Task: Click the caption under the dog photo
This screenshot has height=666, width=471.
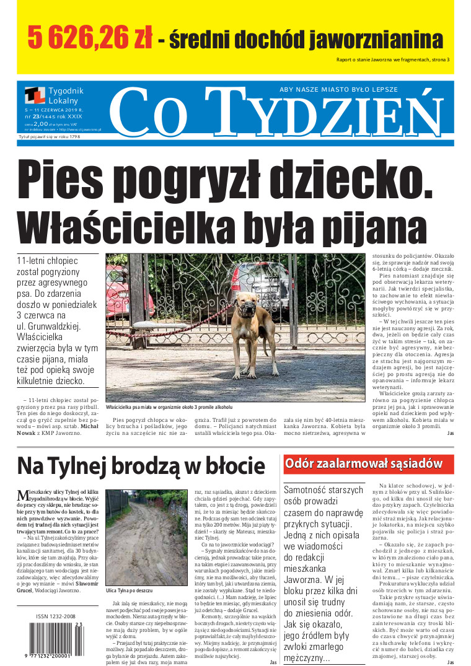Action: tap(169, 408)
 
